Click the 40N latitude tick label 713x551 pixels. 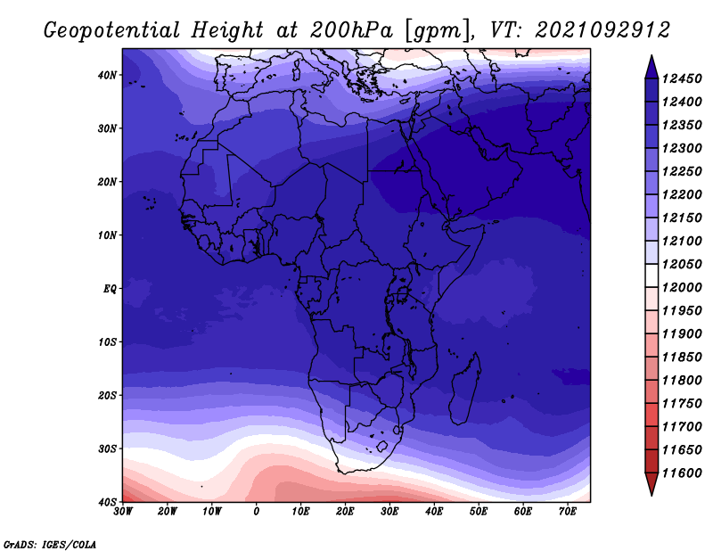[x=106, y=75]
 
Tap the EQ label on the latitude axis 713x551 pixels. [x=110, y=289]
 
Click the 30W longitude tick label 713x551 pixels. [x=123, y=512]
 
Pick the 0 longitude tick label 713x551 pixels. [x=257, y=512]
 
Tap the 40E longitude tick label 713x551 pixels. [x=434, y=512]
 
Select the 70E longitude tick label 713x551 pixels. [x=568, y=512]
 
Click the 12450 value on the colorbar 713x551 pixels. [x=682, y=78]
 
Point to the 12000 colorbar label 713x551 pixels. [x=682, y=288]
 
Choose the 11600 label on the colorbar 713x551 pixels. [x=682, y=473]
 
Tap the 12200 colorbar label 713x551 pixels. [x=682, y=194]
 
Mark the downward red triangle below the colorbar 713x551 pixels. [x=652, y=482]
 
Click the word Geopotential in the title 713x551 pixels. [x=112, y=30]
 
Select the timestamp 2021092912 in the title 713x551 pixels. [x=602, y=30]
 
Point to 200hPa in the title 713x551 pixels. [x=351, y=30]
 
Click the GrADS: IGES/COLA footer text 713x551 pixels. [x=50, y=545]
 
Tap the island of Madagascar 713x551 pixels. [x=464, y=389]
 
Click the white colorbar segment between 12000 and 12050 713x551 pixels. [x=652, y=275]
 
